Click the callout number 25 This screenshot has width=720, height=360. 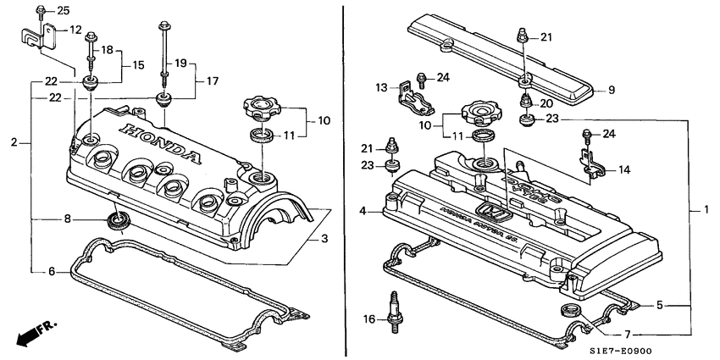click(64, 10)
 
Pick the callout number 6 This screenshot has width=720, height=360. click(51, 272)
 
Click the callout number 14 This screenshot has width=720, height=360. click(623, 169)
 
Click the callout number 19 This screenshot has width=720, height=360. click(180, 64)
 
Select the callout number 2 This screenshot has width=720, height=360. click(14, 142)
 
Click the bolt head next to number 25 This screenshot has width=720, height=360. click(41, 10)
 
